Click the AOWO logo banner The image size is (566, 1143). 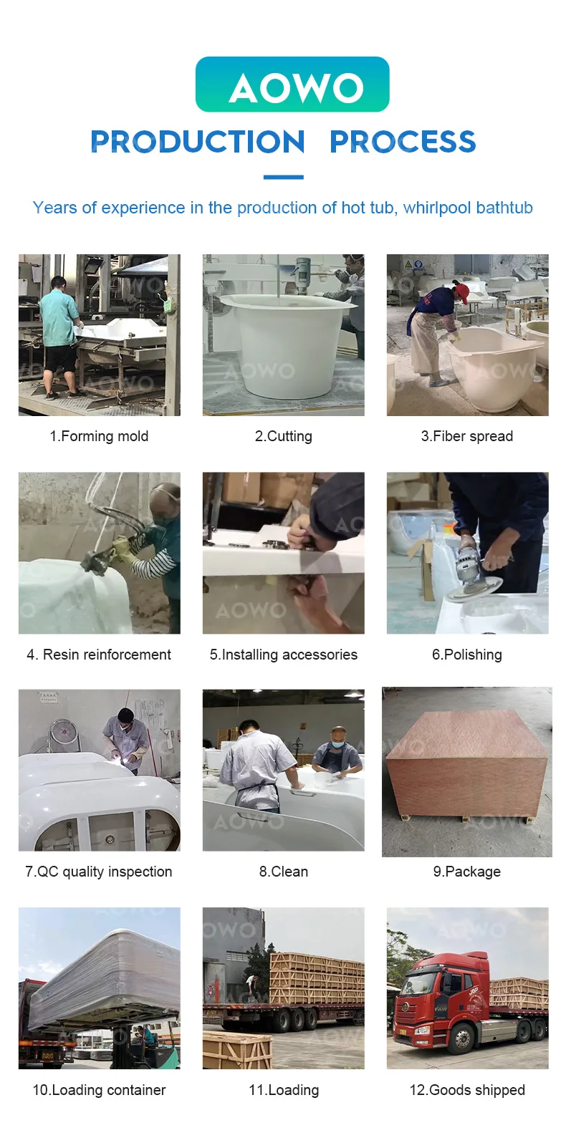point(292,85)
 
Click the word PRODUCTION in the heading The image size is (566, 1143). point(198,141)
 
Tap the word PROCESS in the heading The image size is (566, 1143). point(403,141)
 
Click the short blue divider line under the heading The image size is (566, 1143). point(283,177)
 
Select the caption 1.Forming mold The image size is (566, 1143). point(99,436)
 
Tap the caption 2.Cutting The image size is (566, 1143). point(283,436)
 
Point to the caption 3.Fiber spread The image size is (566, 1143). point(467,436)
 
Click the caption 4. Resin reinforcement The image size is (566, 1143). point(99,654)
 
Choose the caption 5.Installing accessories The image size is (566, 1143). point(283,655)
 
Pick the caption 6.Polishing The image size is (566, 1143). point(467,655)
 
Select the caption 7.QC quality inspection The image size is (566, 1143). point(98,872)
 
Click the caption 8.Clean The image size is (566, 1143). point(283,872)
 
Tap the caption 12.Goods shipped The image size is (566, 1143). point(467,1090)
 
